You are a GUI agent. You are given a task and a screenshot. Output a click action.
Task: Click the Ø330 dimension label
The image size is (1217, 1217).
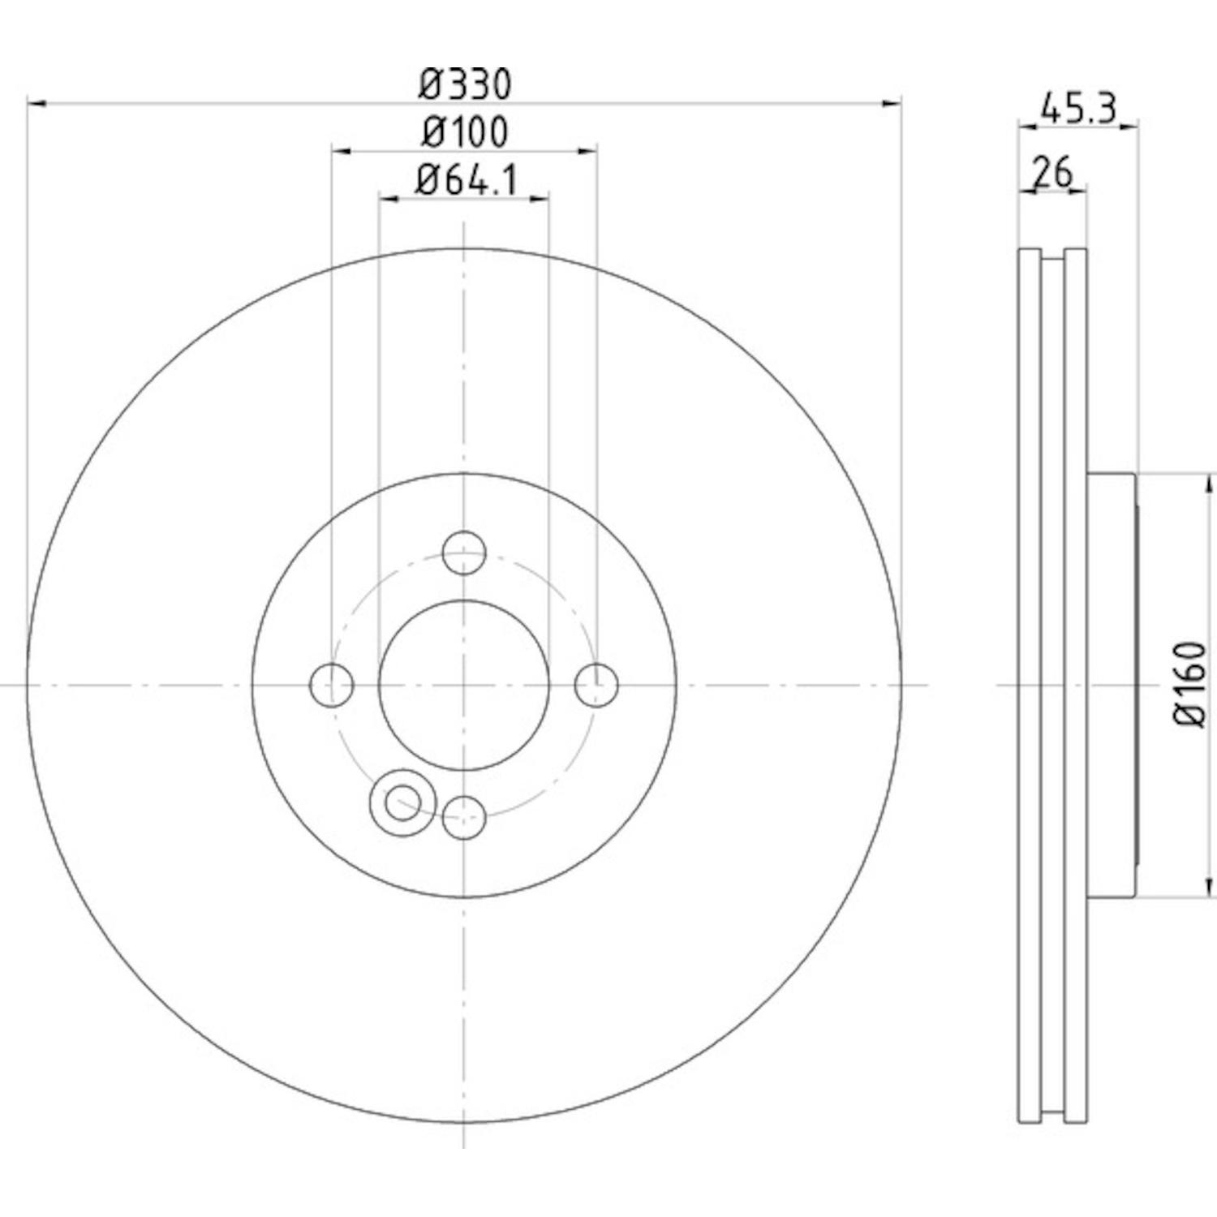pos(466,84)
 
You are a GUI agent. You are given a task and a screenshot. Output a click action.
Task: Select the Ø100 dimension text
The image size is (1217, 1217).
pos(465,132)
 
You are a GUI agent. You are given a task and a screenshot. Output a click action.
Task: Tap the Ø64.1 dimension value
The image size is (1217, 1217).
pos(466,179)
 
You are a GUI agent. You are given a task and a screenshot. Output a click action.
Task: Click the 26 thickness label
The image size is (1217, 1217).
pos(1052,172)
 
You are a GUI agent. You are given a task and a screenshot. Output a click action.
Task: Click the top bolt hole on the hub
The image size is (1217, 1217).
pos(464,553)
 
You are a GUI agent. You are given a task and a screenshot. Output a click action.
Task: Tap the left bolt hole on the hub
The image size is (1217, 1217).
pos(332,686)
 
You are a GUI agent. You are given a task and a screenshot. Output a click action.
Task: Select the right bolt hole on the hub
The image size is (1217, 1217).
pos(596,686)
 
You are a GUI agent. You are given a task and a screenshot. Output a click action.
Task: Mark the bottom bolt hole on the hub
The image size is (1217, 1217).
pos(464,817)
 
